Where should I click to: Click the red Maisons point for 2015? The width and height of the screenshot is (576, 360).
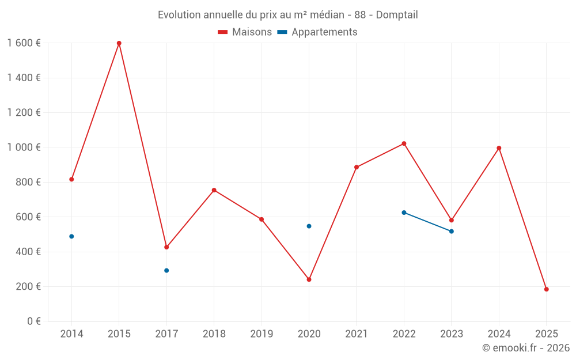click(119, 43)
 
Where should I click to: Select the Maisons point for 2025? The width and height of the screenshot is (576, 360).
click(546, 289)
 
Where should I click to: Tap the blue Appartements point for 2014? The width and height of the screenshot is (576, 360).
click(71, 236)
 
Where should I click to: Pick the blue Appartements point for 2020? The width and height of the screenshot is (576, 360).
click(309, 226)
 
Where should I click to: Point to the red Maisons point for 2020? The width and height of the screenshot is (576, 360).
click(309, 279)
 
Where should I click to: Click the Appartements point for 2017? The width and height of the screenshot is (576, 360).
click(166, 270)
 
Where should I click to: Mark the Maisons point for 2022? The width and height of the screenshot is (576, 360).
click(404, 143)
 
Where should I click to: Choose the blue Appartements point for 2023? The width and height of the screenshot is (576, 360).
click(452, 231)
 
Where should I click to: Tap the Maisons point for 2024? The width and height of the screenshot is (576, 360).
click(499, 148)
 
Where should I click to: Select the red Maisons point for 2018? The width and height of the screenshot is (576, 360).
click(214, 190)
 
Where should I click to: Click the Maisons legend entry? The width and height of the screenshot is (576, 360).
click(245, 32)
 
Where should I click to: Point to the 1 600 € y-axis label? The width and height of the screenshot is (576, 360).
click(24, 43)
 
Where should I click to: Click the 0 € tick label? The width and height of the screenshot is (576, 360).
click(33, 321)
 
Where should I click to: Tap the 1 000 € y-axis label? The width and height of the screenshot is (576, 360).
click(24, 147)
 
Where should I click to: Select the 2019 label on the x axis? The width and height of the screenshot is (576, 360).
click(262, 334)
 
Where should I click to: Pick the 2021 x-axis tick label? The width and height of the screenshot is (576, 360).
click(357, 334)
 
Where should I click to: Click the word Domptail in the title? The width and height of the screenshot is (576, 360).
click(397, 15)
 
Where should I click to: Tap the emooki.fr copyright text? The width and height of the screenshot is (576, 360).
click(526, 348)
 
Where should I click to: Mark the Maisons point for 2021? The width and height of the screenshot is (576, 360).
click(357, 167)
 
